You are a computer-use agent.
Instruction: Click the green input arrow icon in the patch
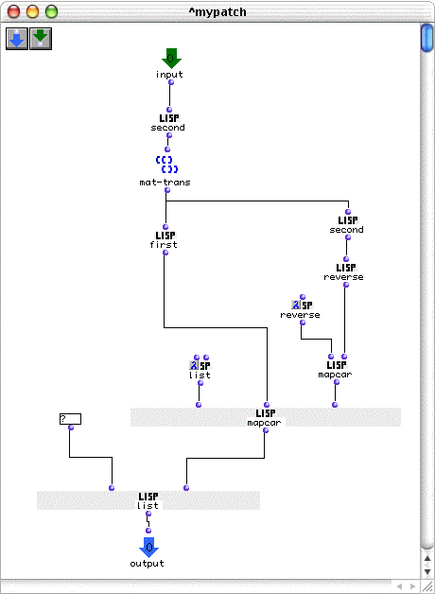(171, 58)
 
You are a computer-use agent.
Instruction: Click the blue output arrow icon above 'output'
(149, 547)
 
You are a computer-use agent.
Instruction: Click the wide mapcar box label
(264, 423)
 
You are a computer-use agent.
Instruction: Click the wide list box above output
(148, 500)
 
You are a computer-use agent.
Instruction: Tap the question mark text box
(70, 419)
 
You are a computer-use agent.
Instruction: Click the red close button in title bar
(14, 11)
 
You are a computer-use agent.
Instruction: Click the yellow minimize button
(32, 11)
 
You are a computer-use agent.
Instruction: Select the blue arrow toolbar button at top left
(17, 39)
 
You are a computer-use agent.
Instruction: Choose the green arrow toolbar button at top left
(41, 39)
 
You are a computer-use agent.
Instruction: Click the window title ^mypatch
(217, 12)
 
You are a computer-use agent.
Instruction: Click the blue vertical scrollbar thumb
(427, 38)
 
